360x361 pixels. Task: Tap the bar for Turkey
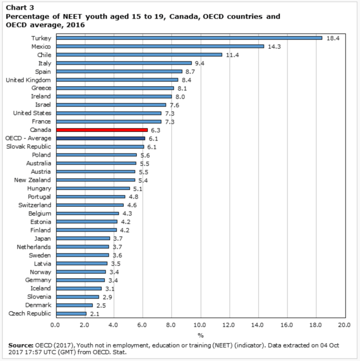pos(189,38)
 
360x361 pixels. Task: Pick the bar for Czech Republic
pos(71,314)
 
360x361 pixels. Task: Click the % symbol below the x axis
pos(200,335)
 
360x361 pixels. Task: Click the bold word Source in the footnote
pos(20,345)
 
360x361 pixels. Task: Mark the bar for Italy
pos(123,63)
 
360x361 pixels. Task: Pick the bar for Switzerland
pos(89,205)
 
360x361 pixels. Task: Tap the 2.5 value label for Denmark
pos(101,305)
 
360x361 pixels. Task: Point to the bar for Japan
pos(83,238)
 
